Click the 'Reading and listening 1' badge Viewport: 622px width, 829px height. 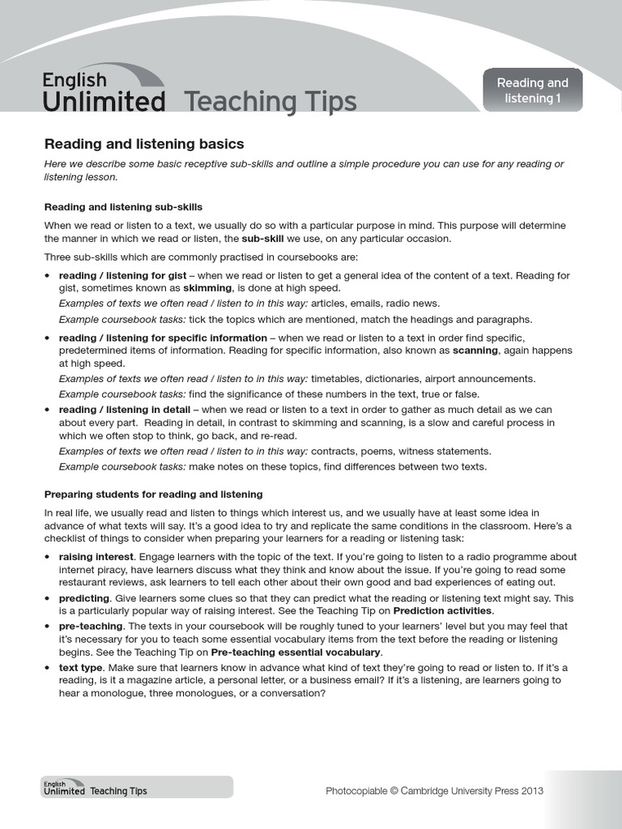coord(532,91)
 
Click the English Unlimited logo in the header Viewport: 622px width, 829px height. coord(104,91)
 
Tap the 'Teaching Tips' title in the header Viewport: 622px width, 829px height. coord(270,102)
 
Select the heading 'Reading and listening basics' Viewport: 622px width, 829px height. coord(143,144)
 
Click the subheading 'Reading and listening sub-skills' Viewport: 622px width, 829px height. coord(123,206)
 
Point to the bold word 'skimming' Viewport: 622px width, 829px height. coord(207,287)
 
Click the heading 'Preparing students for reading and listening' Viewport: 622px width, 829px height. coord(153,494)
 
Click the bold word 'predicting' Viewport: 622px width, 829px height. coord(85,598)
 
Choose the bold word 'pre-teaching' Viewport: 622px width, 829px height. coord(91,626)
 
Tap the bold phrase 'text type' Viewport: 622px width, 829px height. coord(81,667)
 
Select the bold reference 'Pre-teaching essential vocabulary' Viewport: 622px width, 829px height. coord(295,652)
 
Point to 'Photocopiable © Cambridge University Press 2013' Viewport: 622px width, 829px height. coord(434,791)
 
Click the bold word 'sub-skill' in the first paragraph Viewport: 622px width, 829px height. coord(265,239)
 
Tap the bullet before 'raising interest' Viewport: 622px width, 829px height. coord(48,557)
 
